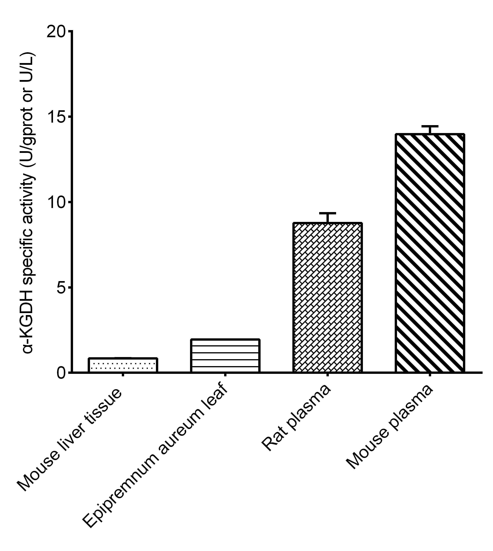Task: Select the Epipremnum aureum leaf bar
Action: point(225,356)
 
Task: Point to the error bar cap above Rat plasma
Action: point(327,213)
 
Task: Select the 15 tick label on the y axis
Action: point(56,117)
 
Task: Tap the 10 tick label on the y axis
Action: point(56,202)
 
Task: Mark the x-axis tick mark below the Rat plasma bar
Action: point(327,375)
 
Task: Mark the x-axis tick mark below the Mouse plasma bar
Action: point(430,375)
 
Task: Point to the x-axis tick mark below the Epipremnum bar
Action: point(225,375)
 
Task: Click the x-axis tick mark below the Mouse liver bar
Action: point(123,375)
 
